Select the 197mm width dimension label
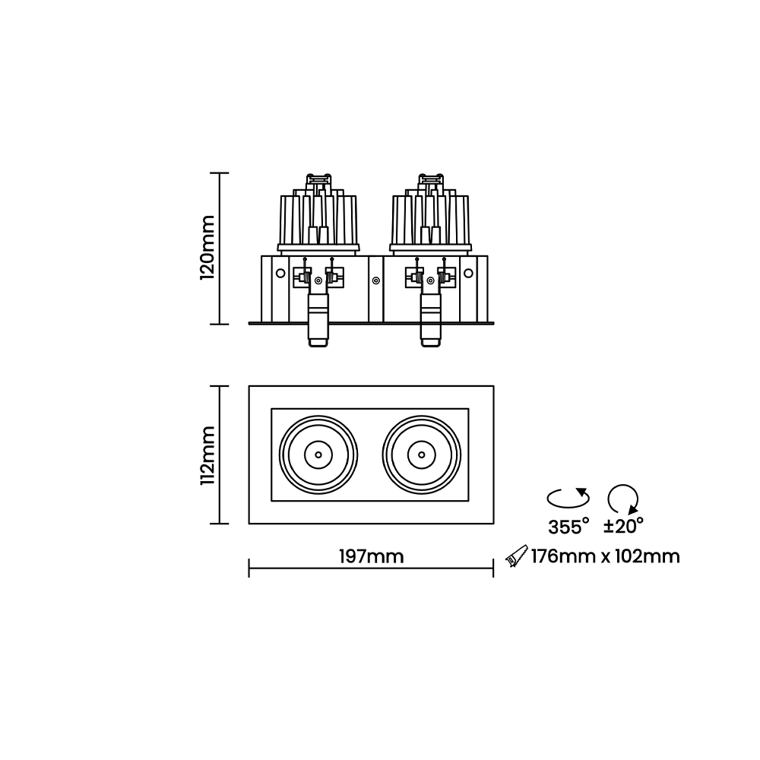coord(371,556)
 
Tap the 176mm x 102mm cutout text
coord(605,556)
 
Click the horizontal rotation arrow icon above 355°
coord(568,497)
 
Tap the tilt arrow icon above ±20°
coord(624,498)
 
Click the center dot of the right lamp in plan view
coord(421,455)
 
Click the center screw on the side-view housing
coord(375,281)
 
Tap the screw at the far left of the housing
coord(279,272)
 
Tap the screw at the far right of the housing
coord(468,272)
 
